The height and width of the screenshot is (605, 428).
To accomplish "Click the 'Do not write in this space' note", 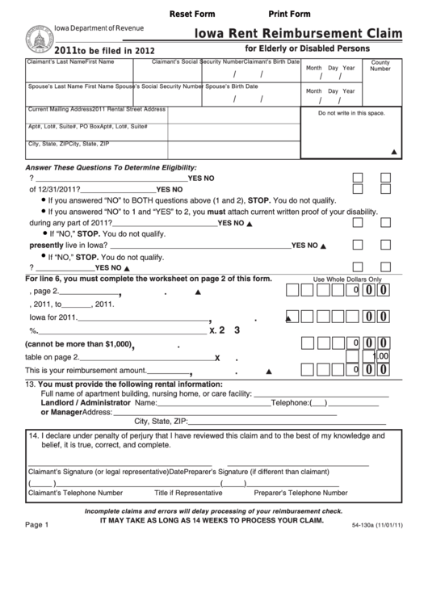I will click(350, 113).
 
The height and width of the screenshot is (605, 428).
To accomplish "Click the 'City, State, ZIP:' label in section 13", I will click(161, 421).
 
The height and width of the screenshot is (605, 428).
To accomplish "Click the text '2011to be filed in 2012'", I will click(73, 49).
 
